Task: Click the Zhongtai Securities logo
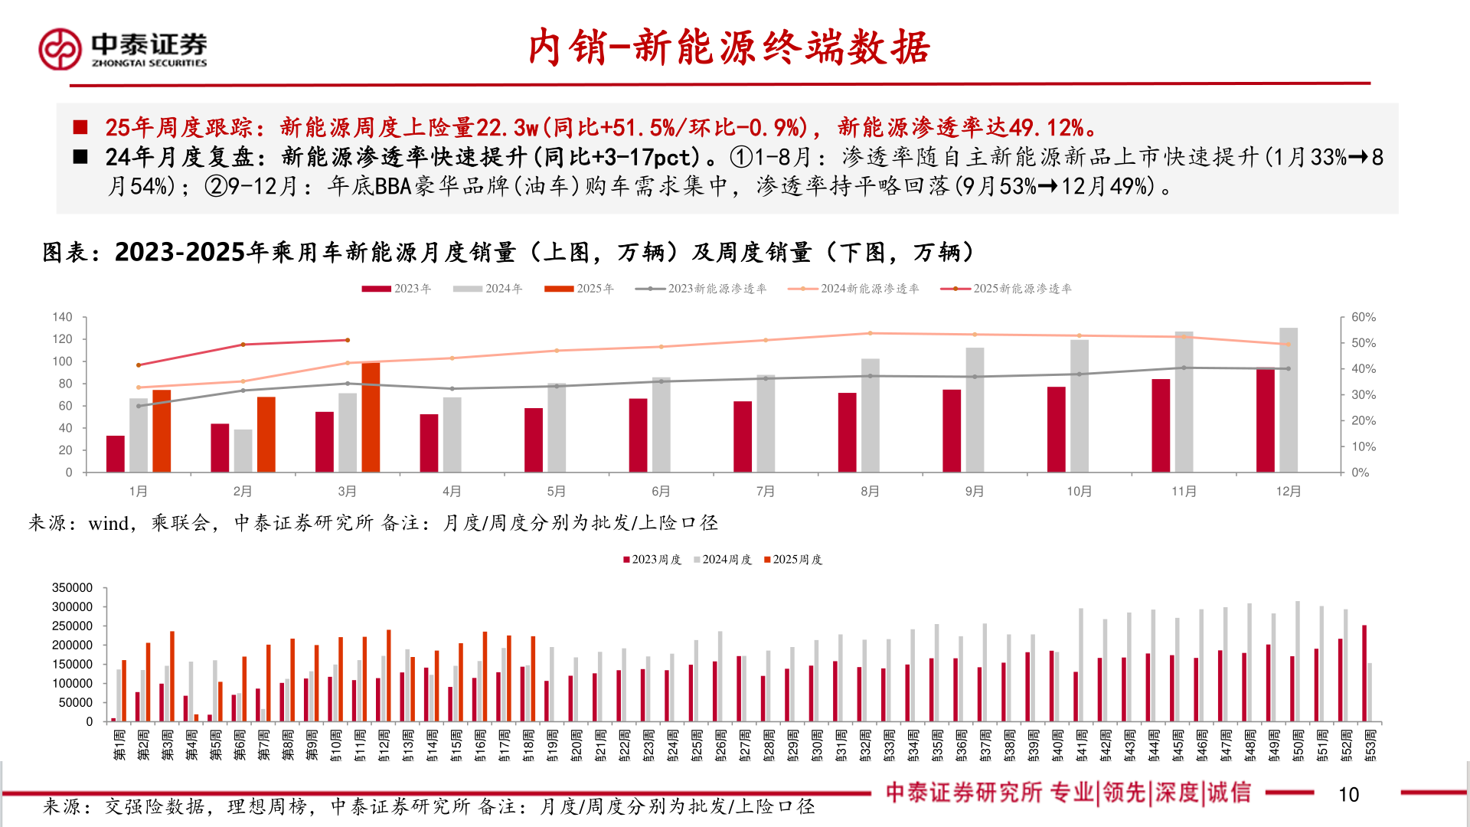tap(122, 49)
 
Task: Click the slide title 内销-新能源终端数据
tap(728, 47)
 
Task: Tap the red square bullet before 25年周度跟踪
tap(80, 127)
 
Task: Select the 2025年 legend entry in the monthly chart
tap(580, 289)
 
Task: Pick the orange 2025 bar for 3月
tap(371, 417)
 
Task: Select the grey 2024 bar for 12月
tap(1289, 400)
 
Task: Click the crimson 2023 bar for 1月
tap(116, 453)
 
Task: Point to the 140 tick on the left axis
tap(62, 317)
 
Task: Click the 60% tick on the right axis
tap(1363, 317)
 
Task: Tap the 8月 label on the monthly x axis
tap(870, 492)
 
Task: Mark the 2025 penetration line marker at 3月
tap(348, 340)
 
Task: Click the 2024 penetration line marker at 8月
tap(870, 333)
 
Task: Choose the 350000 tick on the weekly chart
tap(72, 588)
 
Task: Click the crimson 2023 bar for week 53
tap(1364, 673)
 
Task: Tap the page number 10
tap(1348, 795)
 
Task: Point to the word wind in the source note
tap(108, 524)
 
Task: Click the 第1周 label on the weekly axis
tap(119, 744)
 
